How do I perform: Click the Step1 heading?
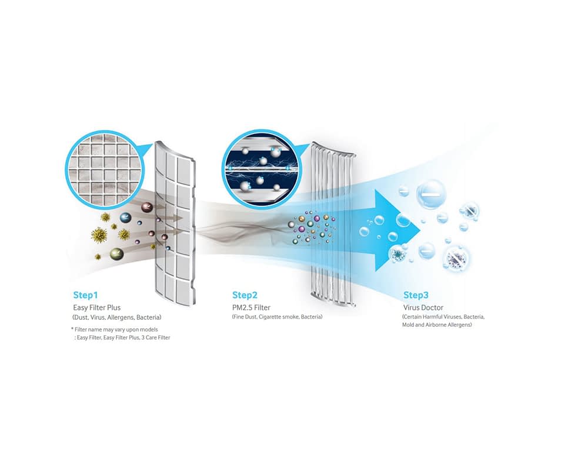click(x=85, y=295)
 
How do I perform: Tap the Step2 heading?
click(x=245, y=295)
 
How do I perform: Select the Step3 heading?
click(x=416, y=295)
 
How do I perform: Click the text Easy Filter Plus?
click(x=97, y=307)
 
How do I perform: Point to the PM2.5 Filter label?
click(x=251, y=307)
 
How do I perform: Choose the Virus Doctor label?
click(x=423, y=307)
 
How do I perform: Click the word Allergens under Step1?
click(x=121, y=317)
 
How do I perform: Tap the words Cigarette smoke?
click(x=279, y=317)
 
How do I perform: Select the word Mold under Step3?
click(x=408, y=325)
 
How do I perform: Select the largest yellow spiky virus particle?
click(x=99, y=235)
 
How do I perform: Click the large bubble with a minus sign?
click(x=432, y=193)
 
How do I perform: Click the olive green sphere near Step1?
click(x=116, y=254)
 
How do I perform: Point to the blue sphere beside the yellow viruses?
click(x=125, y=218)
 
